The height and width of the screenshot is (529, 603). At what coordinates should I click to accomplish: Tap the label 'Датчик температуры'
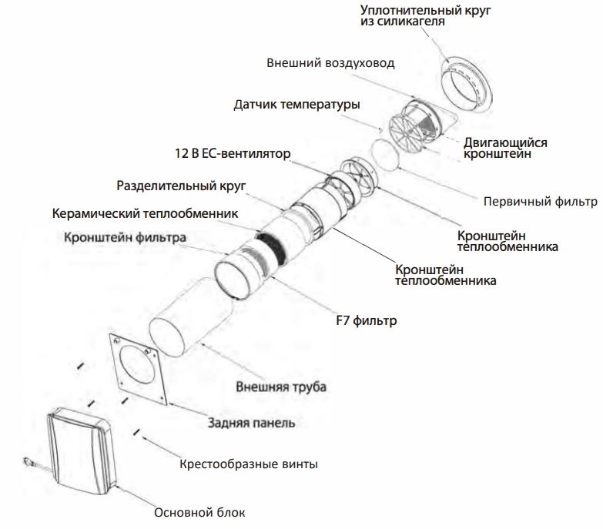tap(297, 103)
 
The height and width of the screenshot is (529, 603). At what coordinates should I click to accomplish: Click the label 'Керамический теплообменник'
tap(145, 213)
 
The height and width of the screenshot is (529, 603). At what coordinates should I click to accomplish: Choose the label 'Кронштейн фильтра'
tap(125, 238)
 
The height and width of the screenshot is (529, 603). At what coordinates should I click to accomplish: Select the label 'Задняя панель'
tap(251, 423)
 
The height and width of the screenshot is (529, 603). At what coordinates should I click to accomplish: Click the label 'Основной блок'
tap(199, 511)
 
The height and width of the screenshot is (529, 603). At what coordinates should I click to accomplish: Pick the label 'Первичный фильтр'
tap(540, 203)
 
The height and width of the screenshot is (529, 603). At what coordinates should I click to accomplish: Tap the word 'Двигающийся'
tap(504, 142)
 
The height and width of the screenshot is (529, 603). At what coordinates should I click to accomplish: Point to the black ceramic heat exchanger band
tap(271, 245)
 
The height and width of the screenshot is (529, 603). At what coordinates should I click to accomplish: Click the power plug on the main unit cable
tap(28, 463)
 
